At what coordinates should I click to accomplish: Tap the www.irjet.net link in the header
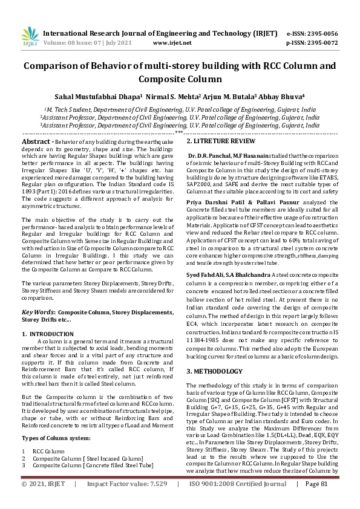[172, 43]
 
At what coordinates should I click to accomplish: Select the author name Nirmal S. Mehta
[174, 96]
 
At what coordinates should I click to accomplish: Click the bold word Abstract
[36, 141]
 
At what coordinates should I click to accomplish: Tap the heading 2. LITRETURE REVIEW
[221, 141]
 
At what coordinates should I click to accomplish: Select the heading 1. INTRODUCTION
[48, 333]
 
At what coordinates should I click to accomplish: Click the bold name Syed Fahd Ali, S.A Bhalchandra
[229, 274]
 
